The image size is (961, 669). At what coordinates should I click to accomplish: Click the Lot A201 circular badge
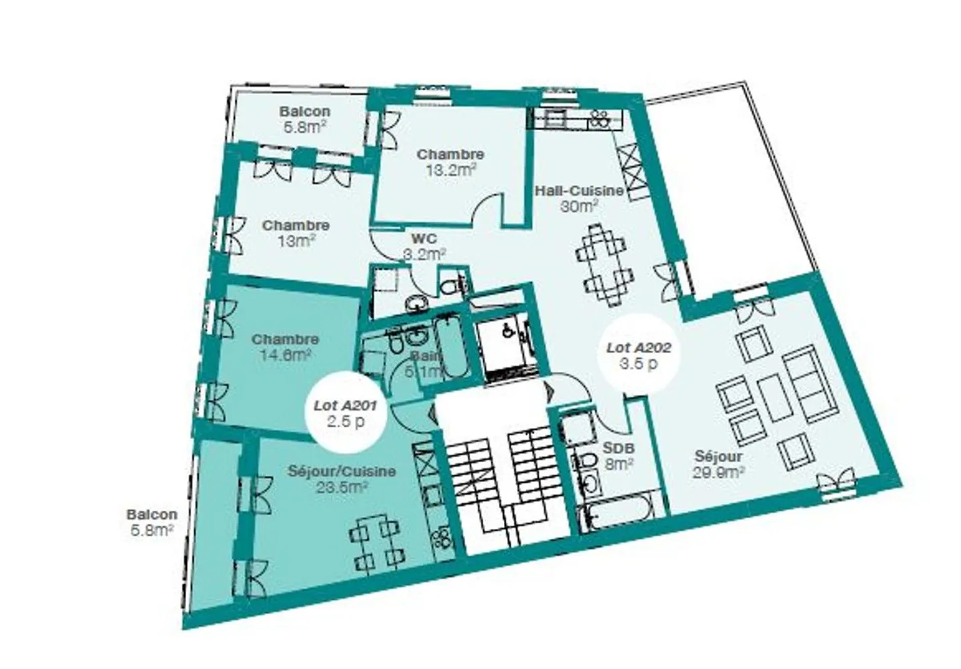tap(346, 413)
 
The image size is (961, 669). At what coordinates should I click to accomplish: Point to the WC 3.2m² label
tap(425, 246)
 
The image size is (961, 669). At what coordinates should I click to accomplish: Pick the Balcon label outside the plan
tap(152, 522)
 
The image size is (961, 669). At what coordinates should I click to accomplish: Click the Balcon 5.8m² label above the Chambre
tap(304, 119)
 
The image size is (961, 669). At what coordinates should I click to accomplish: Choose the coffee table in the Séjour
tap(772, 397)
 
